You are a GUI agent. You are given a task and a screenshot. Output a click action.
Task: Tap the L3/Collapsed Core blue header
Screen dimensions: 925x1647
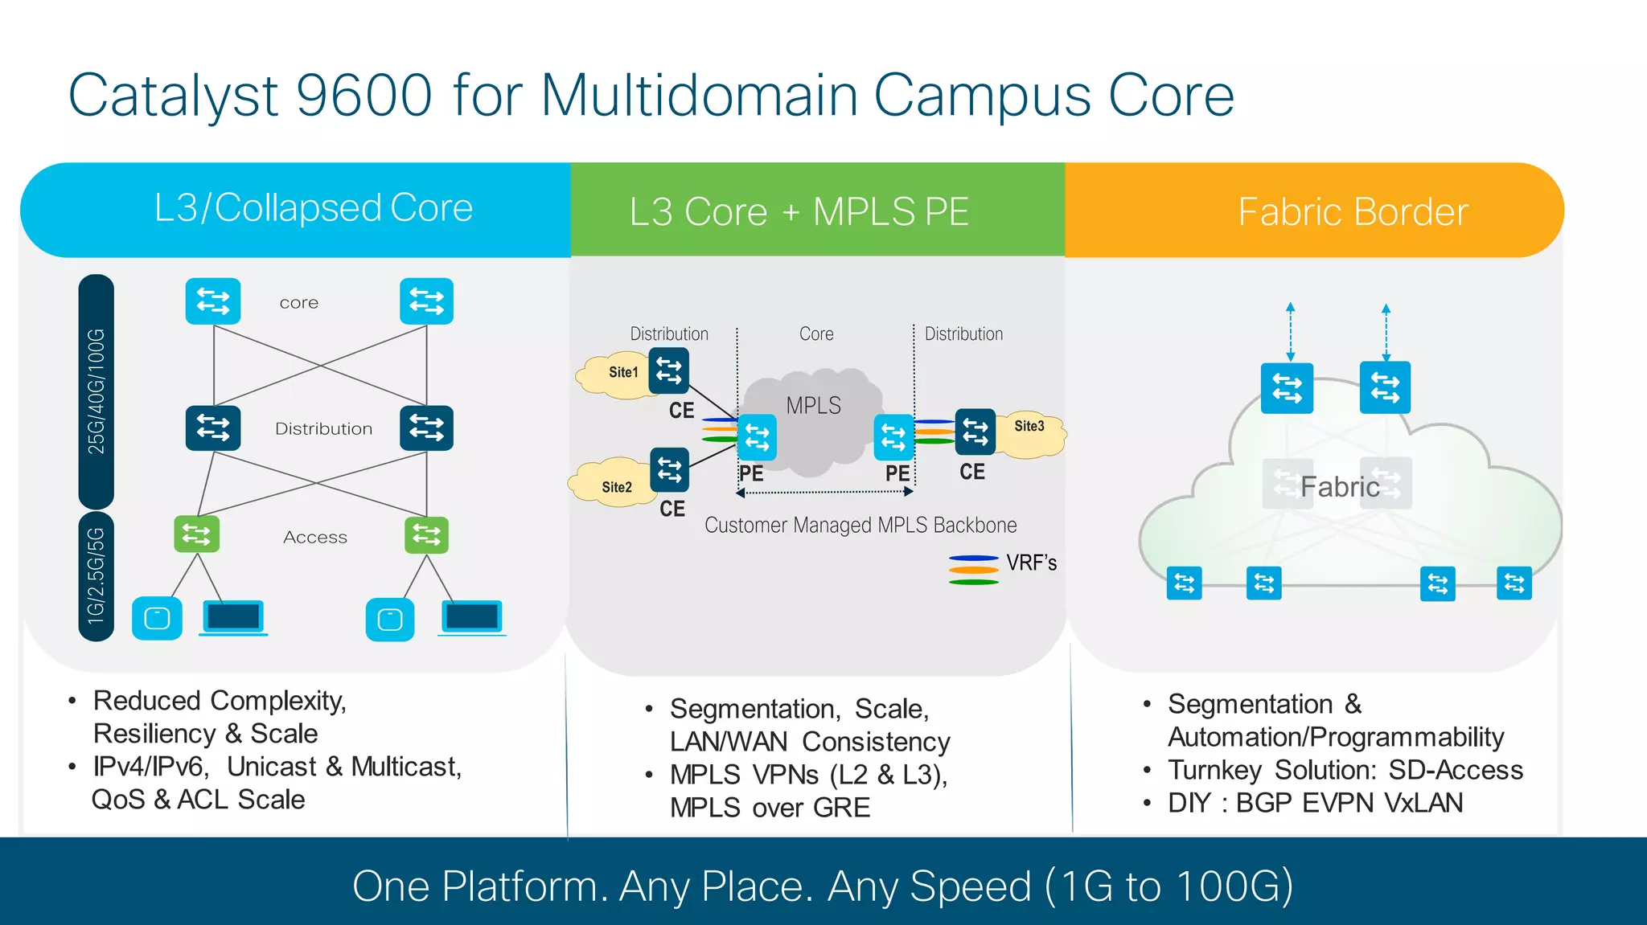pos(313,209)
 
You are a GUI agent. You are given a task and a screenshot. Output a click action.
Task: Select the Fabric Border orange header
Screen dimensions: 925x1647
pos(1353,212)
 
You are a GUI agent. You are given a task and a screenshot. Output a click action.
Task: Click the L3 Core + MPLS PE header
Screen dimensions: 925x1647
pos(799,212)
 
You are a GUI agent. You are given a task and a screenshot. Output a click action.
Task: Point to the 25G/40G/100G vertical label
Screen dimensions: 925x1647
pos(97,391)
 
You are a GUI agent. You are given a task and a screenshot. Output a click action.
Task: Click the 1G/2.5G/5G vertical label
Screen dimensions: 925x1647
pos(97,575)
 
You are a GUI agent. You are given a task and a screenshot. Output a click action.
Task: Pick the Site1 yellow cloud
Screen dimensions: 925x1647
pos(615,374)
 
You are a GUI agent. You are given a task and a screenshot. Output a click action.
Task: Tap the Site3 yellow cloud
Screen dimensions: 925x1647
pos(1033,434)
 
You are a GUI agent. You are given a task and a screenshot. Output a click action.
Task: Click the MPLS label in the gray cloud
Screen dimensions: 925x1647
pos(813,406)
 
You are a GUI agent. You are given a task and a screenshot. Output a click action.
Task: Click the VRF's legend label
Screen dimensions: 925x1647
pos(1031,563)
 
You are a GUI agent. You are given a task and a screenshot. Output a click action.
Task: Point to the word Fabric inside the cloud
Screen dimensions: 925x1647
pos(1340,487)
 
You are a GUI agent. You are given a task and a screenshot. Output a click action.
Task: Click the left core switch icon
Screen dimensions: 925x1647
pos(212,301)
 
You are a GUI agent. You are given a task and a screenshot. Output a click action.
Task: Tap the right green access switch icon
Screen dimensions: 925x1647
pos(426,534)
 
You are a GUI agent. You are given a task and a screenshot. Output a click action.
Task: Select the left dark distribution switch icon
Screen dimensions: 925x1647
pos(212,428)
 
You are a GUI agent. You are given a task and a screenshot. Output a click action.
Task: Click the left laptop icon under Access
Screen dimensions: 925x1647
pos(233,617)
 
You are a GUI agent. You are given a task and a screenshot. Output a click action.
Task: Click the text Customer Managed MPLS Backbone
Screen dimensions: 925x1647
pos(860,526)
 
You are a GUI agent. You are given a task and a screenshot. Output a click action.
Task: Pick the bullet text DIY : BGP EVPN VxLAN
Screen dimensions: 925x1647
pos(1315,803)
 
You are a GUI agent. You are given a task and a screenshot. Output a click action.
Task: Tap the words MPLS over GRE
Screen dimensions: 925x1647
pos(770,808)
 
